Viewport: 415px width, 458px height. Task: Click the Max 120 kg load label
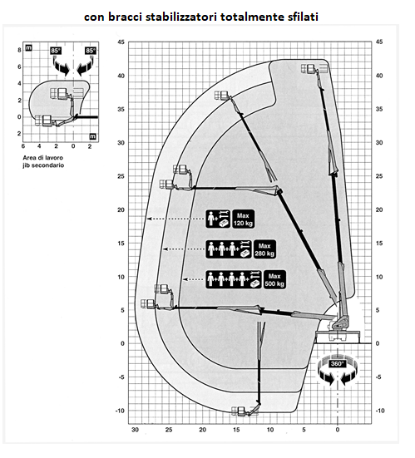point(243,219)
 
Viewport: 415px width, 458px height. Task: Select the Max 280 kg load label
point(264,249)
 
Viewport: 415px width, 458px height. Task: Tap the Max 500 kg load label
point(274,280)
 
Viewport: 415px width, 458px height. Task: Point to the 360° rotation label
point(338,364)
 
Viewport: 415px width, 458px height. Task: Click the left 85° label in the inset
point(56,51)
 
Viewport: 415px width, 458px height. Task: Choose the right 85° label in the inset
point(91,51)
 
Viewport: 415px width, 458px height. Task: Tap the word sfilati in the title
point(303,17)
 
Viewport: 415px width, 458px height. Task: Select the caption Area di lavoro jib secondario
point(43,161)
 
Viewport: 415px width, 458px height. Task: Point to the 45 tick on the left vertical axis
point(121,42)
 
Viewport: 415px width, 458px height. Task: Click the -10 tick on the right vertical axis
point(380,411)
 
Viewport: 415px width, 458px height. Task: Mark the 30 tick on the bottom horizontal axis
point(135,430)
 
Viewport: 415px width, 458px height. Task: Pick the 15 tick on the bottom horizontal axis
point(236,430)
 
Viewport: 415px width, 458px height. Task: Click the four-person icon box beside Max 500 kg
point(234,280)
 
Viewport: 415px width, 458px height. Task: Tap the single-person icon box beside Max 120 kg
point(218,219)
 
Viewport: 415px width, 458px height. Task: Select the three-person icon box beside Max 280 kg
point(229,249)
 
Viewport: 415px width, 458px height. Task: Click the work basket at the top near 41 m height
point(309,69)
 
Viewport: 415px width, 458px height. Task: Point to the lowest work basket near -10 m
point(239,411)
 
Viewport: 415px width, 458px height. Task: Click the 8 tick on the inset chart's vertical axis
point(20,50)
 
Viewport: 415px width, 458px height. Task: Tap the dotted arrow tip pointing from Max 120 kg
point(148,219)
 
